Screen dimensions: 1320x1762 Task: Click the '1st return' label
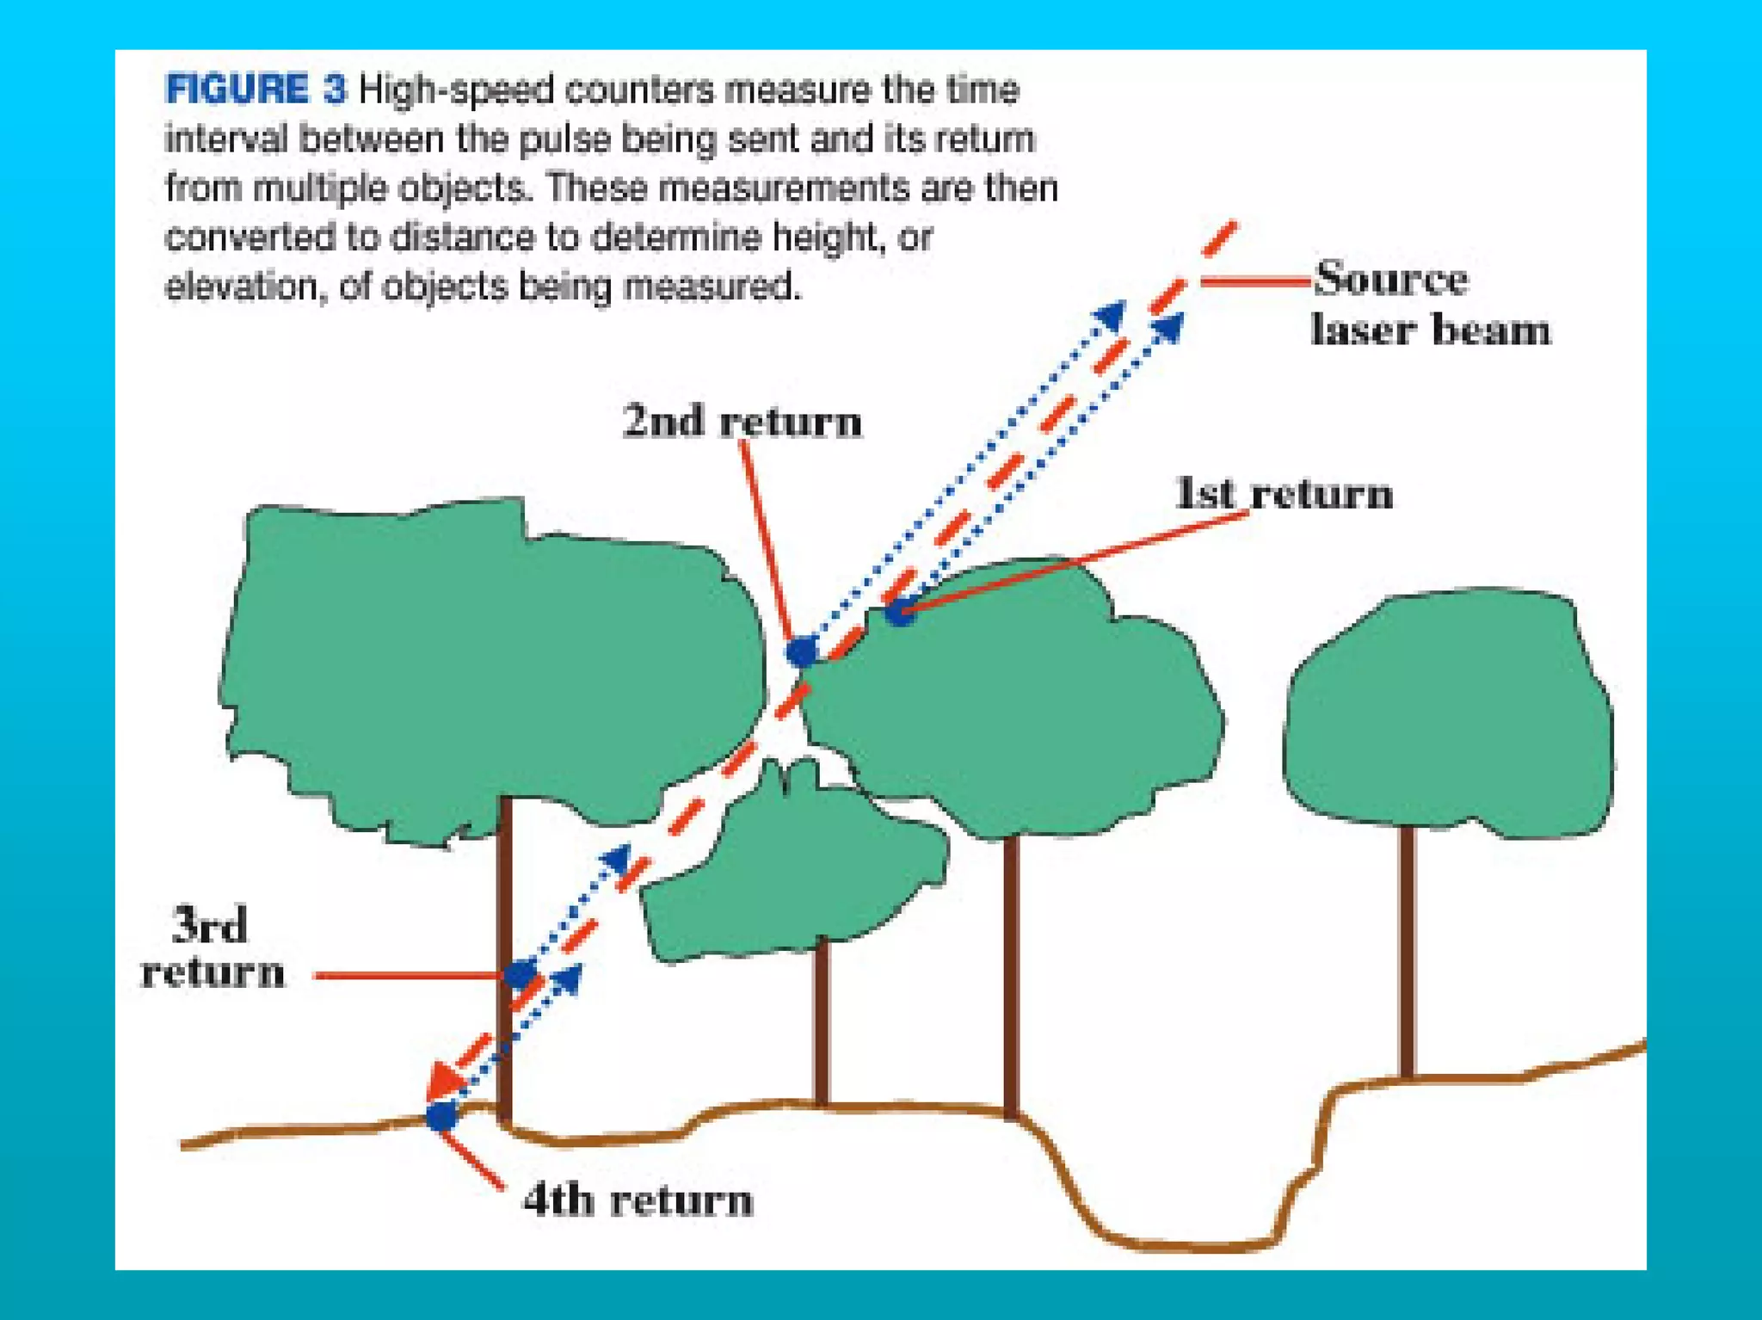tap(1283, 494)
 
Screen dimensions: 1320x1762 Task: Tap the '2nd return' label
tap(742, 422)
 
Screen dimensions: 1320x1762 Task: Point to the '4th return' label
tap(638, 1200)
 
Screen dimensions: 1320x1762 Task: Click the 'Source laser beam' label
tap(1429, 305)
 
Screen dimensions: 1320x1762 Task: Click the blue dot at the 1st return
tap(899, 612)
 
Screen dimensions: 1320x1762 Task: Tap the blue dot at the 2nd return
tap(802, 651)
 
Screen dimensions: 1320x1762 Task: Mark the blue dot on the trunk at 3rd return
tap(520, 975)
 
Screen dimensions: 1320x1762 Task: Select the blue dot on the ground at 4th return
tap(441, 1116)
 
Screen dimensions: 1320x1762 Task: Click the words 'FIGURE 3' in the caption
tap(256, 89)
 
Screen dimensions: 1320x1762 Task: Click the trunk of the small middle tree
tap(822, 1024)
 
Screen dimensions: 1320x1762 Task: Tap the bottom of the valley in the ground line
tap(1196, 1244)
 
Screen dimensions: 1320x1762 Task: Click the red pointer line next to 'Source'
tap(1256, 281)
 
